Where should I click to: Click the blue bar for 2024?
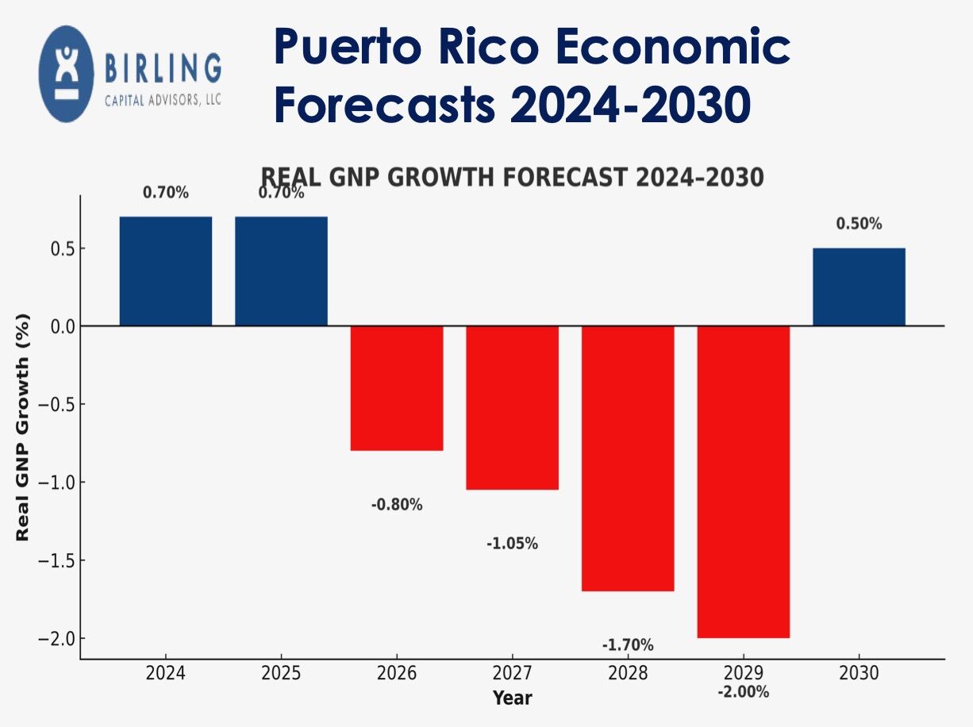166,271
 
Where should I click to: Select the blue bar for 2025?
281,271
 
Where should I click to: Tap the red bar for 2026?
397,388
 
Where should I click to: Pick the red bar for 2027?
512,408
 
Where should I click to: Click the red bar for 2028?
628,458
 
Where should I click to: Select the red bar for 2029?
743,482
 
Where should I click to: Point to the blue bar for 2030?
859,287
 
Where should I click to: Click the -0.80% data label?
397,505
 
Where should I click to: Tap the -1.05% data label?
512,544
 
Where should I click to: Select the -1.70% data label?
628,644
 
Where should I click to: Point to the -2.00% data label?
743,691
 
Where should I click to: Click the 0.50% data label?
859,224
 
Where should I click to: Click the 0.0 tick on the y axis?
59,326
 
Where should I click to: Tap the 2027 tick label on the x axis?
512,674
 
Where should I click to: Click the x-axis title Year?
512,698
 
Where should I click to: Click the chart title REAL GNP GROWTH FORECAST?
512,177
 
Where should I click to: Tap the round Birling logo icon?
66,74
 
